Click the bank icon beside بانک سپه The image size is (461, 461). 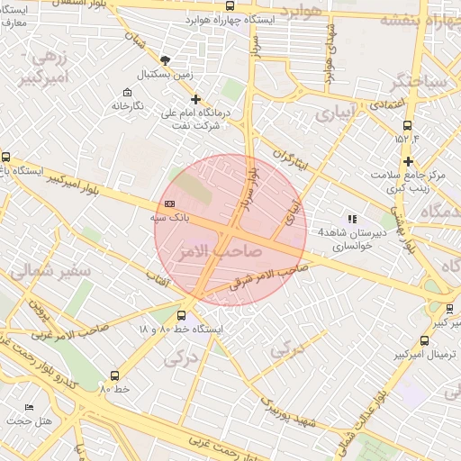[170, 204]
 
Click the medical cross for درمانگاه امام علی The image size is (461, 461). [195, 100]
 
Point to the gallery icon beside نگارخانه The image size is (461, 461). [127, 93]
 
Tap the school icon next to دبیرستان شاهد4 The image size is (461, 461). [352, 219]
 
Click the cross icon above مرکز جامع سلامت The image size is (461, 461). [409, 162]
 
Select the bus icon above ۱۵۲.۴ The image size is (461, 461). [408, 125]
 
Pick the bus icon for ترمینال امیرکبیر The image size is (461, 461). [425, 339]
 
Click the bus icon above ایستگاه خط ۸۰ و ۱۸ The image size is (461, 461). [182, 316]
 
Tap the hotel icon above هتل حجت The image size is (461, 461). [30, 408]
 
